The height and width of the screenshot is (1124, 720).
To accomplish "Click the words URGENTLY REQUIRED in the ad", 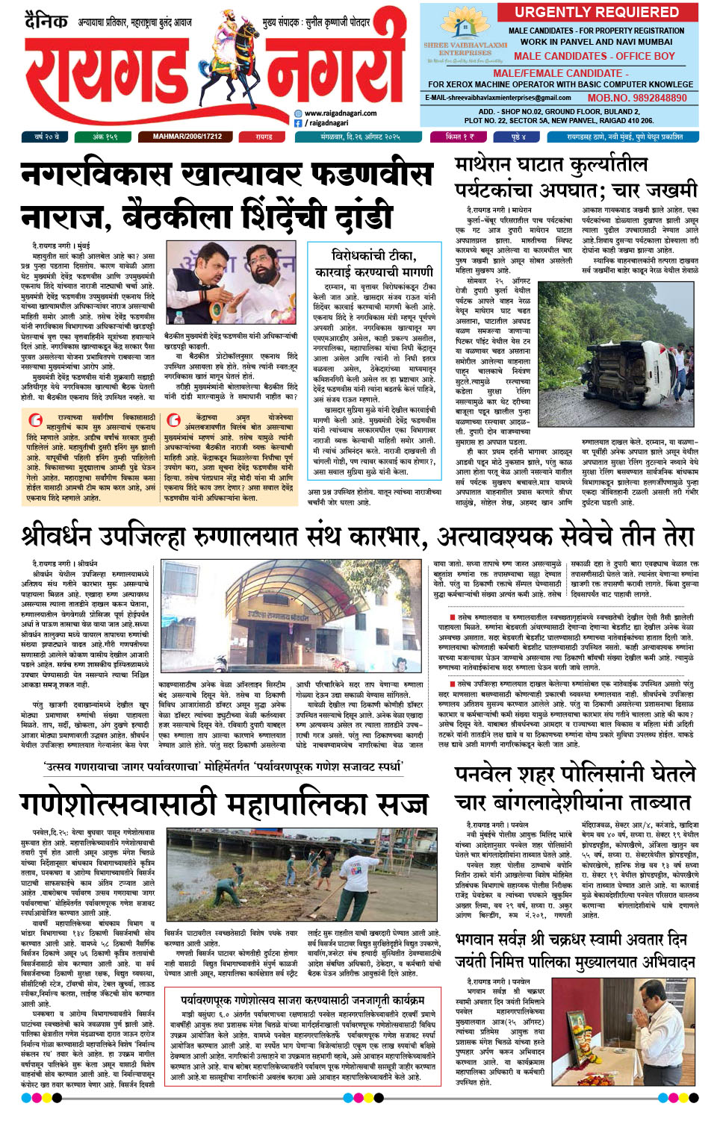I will click(x=596, y=12).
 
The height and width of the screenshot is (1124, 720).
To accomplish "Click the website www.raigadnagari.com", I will click(x=340, y=113).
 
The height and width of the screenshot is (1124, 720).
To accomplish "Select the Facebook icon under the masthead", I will click(x=298, y=123).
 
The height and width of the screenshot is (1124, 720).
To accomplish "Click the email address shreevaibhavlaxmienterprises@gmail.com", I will click(x=498, y=98).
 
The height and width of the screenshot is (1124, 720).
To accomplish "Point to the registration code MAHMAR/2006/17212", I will click(x=187, y=137).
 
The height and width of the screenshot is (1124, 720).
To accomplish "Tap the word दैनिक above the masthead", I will click(x=46, y=20).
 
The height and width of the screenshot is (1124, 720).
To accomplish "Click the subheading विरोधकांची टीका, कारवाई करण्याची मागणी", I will click(x=373, y=263).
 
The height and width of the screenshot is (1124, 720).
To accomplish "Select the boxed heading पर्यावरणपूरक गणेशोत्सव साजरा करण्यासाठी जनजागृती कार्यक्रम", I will click(x=302, y=1000).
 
